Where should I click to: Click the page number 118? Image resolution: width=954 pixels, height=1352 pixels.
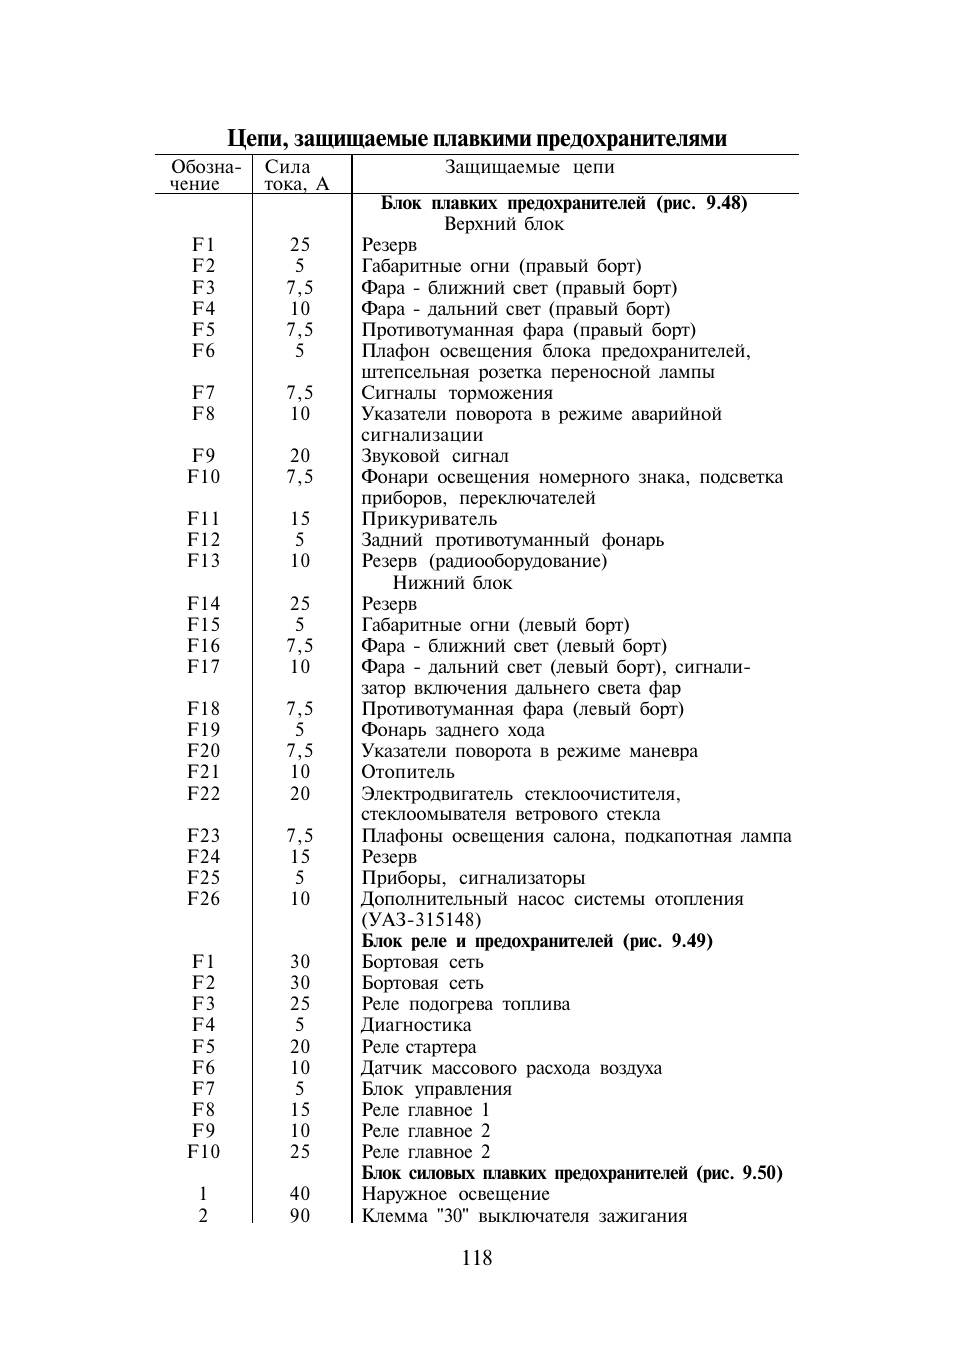(x=477, y=1258)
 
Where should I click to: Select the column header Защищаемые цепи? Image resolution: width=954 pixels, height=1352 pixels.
(x=529, y=167)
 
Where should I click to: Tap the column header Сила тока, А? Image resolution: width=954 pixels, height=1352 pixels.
(x=296, y=175)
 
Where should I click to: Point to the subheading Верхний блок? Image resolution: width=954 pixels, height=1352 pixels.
(x=504, y=224)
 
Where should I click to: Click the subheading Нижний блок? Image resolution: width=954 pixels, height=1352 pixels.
(x=452, y=583)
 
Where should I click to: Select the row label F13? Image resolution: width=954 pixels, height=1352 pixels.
(x=203, y=561)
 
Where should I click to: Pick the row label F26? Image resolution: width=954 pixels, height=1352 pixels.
(x=203, y=899)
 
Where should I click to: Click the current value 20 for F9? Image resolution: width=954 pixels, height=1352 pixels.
(x=300, y=456)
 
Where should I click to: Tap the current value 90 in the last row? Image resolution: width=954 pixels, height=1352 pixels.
(x=300, y=1216)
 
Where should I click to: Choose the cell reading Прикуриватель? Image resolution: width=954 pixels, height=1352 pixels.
(x=429, y=519)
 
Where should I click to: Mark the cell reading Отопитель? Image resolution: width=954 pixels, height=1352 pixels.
(x=408, y=772)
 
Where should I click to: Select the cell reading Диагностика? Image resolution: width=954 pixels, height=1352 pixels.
(x=416, y=1025)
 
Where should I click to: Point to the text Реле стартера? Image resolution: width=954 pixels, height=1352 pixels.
(x=419, y=1047)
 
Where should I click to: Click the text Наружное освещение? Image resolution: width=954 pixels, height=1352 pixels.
(x=455, y=1194)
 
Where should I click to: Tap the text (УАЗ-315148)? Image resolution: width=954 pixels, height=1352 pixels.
(x=421, y=920)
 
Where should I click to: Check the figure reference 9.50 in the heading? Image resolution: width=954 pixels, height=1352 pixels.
(x=761, y=1173)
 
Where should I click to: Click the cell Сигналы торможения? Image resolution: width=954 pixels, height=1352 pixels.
(x=457, y=393)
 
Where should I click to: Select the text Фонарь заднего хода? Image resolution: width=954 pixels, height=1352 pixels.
(x=453, y=730)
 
